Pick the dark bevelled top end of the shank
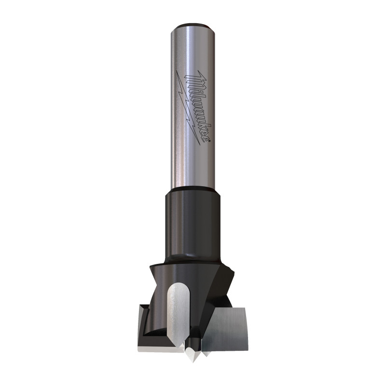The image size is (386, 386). click(x=193, y=26)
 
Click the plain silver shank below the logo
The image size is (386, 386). click(x=193, y=164)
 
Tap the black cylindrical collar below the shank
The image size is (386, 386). click(x=193, y=222)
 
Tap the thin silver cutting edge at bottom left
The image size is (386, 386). click(x=157, y=347)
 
